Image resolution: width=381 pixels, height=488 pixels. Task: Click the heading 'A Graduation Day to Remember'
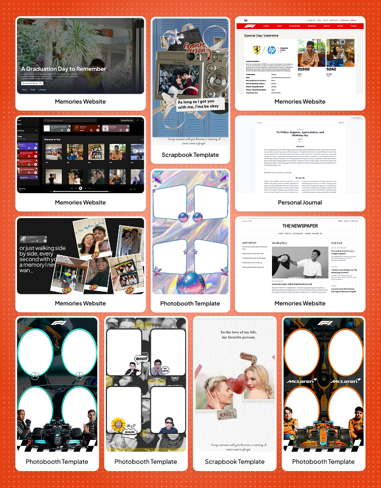[x=63, y=69]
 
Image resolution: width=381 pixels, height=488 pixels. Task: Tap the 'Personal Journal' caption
[x=300, y=202]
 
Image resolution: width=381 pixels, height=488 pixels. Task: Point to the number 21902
[x=304, y=69]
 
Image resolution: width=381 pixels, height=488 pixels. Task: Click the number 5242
[x=331, y=69]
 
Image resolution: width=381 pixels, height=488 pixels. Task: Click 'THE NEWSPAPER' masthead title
[x=300, y=226]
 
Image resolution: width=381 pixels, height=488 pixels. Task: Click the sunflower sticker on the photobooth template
[x=117, y=424]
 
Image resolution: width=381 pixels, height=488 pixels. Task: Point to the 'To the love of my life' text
[x=234, y=335]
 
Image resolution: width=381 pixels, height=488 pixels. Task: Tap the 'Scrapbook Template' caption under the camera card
[x=190, y=155]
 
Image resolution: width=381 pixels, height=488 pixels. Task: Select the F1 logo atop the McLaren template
[x=323, y=323]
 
